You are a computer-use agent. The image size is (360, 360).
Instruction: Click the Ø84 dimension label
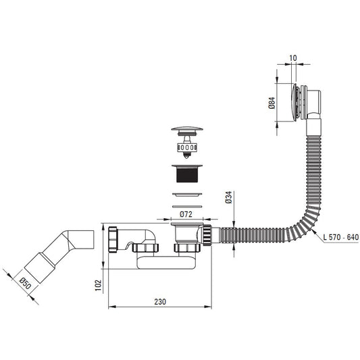(272, 103)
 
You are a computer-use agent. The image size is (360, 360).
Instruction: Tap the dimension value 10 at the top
(293, 58)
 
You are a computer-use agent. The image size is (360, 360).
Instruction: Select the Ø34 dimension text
(229, 197)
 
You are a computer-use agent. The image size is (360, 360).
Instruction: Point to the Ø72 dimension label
(186, 214)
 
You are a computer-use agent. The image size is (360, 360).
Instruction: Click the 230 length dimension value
(160, 302)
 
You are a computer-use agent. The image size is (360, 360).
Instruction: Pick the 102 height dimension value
(98, 285)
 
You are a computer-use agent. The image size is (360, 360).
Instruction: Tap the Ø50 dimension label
(25, 283)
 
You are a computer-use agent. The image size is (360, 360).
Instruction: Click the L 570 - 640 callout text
(340, 237)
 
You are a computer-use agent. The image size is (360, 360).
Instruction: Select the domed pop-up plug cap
(187, 129)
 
